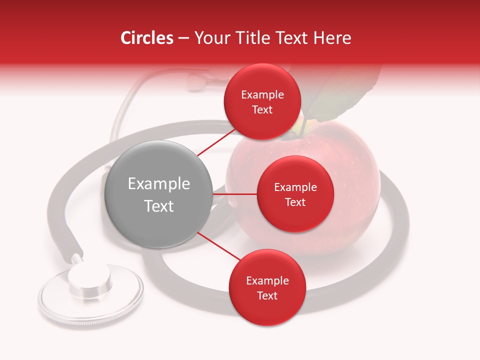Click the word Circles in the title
tap(146, 38)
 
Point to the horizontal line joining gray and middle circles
tap(235, 194)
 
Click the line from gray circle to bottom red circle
tap(218, 246)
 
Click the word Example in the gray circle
tap(159, 184)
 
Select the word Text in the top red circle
tap(262, 110)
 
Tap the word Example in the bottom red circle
tap(267, 280)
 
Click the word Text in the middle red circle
tap(295, 202)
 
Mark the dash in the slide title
tap(183, 38)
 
